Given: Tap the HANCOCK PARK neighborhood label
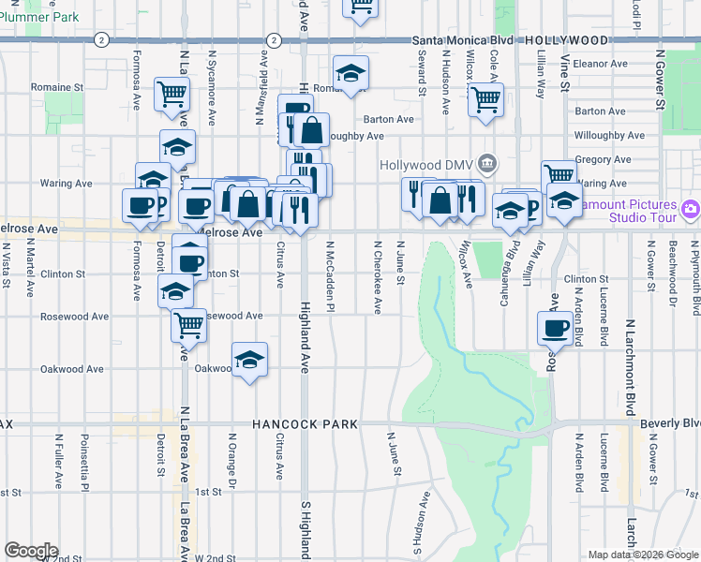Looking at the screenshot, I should click(x=305, y=424).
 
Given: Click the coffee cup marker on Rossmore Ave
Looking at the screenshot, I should click(x=555, y=328).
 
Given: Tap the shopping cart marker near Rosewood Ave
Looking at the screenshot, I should click(x=189, y=324).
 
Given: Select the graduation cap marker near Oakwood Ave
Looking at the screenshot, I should click(x=249, y=360).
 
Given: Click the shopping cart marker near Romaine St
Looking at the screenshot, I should click(x=172, y=93).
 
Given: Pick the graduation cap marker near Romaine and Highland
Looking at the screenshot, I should click(x=351, y=73).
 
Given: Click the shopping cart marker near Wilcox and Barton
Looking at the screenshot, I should click(x=485, y=98).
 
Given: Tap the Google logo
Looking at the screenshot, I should click(x=31, y=550).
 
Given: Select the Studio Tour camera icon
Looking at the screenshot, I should click(x=691, y=208).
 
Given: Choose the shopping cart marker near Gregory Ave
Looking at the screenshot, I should click(x=559, y=173).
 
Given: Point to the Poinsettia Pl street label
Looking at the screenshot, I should click(x=83, y=462).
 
